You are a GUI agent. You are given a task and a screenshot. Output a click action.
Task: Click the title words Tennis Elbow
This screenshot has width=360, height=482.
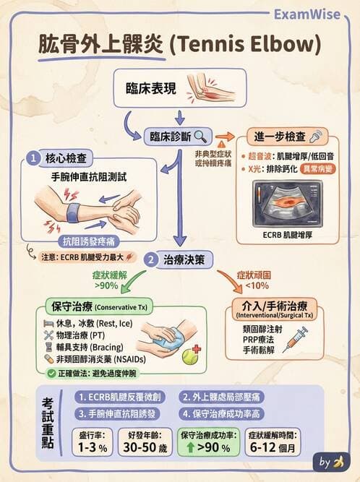pos(244,45)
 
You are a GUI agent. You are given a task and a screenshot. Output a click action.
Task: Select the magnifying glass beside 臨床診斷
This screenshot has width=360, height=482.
pos(200,135)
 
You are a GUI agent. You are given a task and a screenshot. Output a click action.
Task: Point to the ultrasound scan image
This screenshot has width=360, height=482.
pos(285,202)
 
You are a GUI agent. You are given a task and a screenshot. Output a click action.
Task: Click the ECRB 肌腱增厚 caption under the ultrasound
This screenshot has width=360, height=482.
pos(284,235)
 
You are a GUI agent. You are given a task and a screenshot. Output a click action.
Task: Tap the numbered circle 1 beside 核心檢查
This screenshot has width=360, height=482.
pos(33,157)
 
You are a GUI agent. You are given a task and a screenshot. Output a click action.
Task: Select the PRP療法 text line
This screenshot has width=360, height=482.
pos(262,339)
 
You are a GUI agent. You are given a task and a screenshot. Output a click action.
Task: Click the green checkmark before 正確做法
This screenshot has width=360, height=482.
pos(51,374)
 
